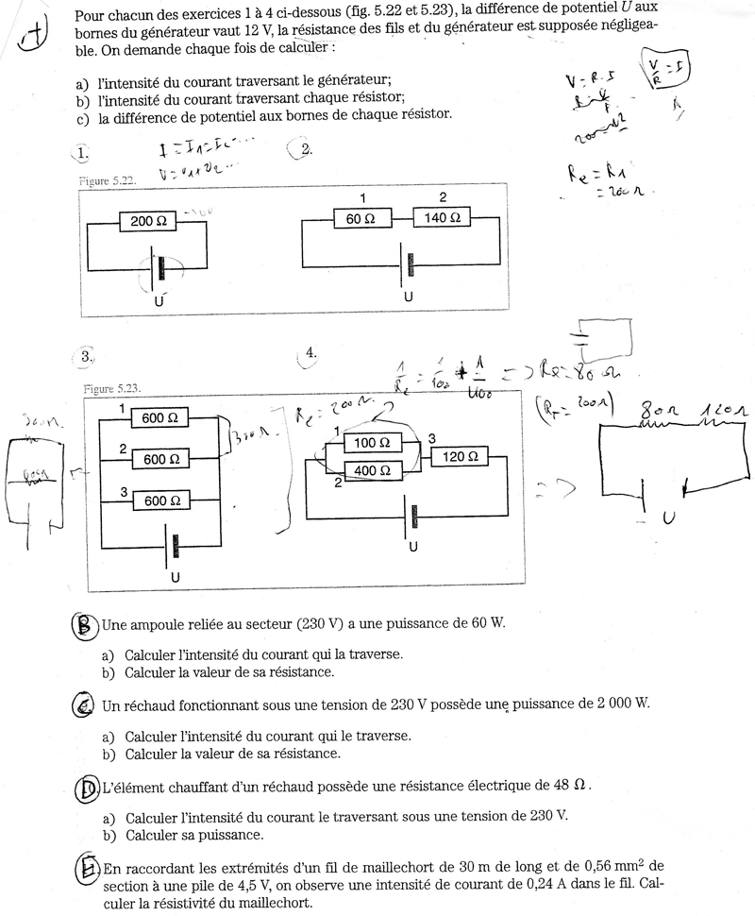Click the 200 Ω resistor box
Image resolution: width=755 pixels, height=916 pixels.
coord(148,222)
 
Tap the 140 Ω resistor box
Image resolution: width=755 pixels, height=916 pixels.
coord(443,218)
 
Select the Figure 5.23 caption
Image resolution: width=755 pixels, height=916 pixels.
coord(110,388)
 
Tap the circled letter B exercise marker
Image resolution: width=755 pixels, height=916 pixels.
coord(85,624)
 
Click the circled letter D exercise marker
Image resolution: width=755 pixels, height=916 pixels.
coord(86,787)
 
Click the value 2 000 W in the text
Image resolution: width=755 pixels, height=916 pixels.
coord(617,705)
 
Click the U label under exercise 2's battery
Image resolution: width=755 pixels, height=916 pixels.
coord(408,296)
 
